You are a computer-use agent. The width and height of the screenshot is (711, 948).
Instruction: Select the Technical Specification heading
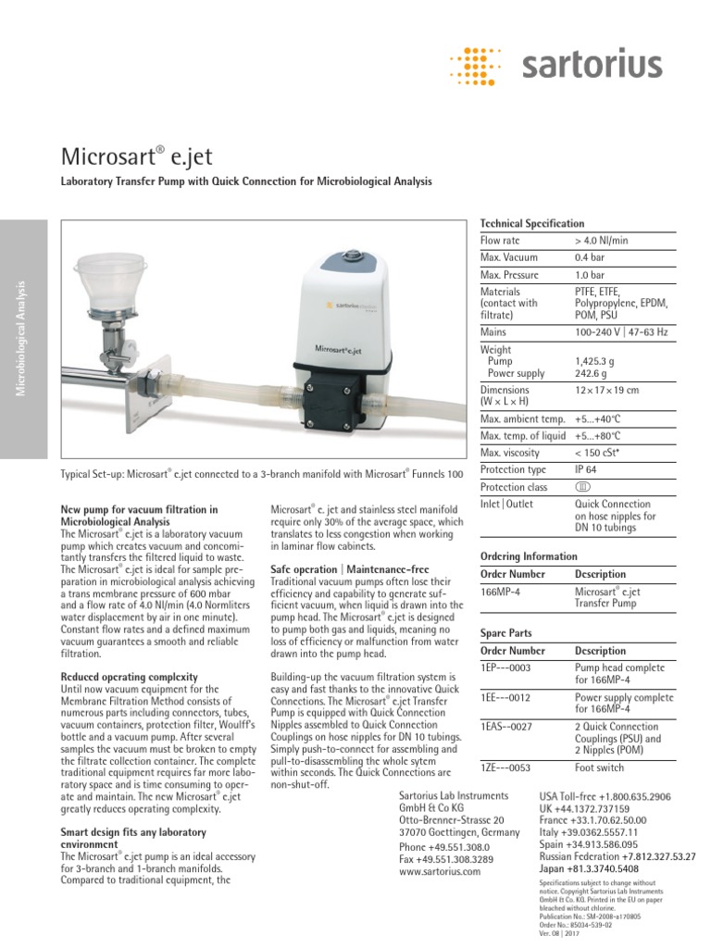[x=531, y=224]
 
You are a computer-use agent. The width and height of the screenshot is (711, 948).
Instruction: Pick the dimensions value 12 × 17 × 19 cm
[x=606, y=391]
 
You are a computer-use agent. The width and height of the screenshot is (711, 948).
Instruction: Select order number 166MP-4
[x=500, y=592]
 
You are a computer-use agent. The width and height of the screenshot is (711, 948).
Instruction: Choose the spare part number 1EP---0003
[x=505, y=667]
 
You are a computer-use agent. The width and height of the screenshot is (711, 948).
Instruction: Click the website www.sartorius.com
[x=439, y=871]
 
